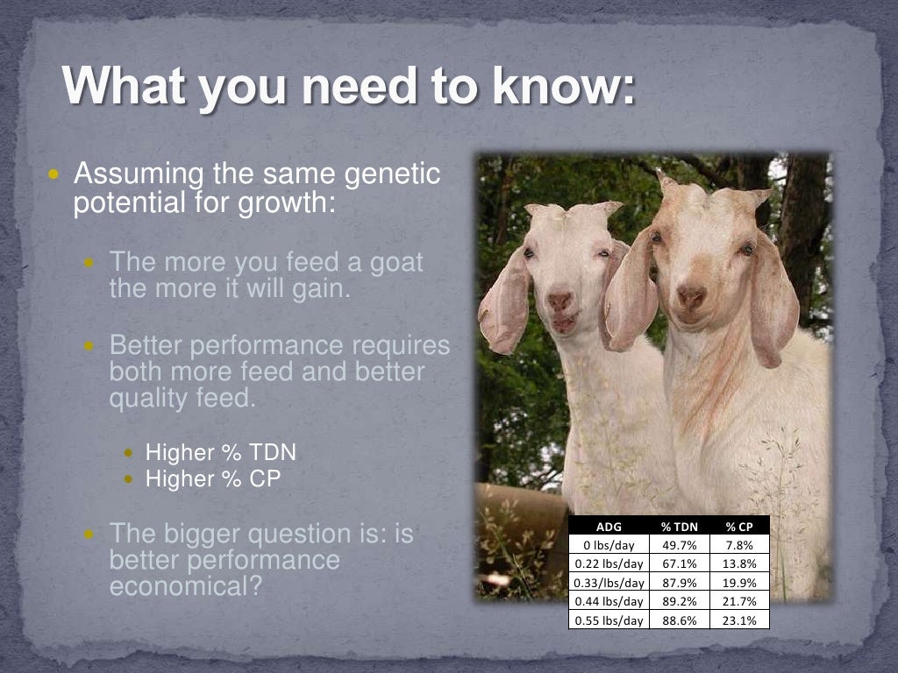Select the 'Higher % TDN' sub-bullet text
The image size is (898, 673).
[x=220, y=453]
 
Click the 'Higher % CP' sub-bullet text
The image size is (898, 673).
[x=212, y=479]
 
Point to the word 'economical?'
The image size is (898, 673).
[x=185, y=586]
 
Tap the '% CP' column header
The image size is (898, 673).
[x=739, y=527]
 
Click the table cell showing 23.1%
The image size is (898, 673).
[x=739, y=620]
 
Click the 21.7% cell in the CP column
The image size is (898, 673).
[x=739, y=601]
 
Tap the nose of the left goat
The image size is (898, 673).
[x=559, y=301]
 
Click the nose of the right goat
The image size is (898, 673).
[x=691, y=297]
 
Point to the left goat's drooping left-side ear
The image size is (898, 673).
[x=504, y=302]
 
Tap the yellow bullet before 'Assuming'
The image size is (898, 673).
[x=54, y=174]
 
